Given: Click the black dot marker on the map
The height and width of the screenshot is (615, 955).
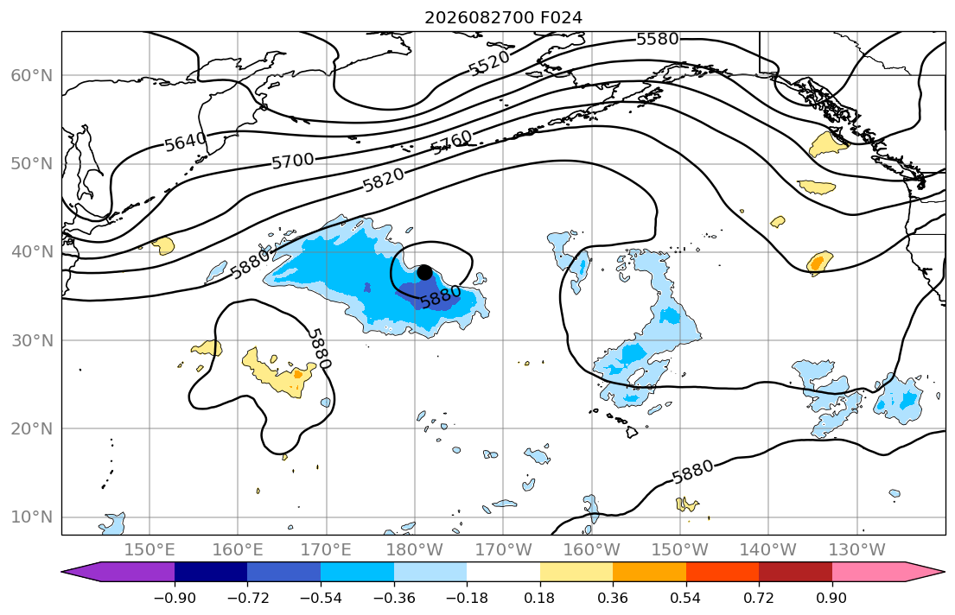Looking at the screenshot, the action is (x=424, y=272).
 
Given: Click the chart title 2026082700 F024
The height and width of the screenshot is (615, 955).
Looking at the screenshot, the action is (x=503, y=17).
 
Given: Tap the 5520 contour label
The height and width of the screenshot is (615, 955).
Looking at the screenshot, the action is (x=489, y=63).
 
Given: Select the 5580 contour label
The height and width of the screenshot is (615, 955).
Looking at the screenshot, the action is (x=657, y=39).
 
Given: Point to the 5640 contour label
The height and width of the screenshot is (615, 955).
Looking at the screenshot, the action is (x=186, y=142).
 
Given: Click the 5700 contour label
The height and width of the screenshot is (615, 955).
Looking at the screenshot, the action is (x=292, y=161).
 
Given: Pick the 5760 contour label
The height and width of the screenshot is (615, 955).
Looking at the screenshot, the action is (x=451, y=142).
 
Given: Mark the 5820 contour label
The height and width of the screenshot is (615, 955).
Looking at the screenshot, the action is (x=383, y=180).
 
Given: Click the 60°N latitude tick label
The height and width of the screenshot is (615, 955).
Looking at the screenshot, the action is (x=32, y=75).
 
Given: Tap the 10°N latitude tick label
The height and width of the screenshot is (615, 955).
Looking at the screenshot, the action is (x=32, y=517).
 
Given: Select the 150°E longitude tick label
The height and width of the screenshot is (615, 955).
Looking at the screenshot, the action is (x=150, y=550).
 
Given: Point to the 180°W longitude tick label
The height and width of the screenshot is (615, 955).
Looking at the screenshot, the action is (x=415, y=550).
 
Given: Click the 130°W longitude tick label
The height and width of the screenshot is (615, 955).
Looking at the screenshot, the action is (x=857, y=550).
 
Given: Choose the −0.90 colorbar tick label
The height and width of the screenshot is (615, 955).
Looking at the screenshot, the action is (x=175, y=598).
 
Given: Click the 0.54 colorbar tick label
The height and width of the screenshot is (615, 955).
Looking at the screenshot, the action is (x=686, y=598).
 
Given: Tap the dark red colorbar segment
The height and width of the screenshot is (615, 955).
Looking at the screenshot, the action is (x=795, y=572).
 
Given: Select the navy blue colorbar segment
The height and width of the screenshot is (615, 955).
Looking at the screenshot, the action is (x=211, y=572).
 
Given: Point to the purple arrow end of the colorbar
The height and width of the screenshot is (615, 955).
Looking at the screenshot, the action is (x=118, y=572).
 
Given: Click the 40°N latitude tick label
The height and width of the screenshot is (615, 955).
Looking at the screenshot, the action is (x=32, y=252).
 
